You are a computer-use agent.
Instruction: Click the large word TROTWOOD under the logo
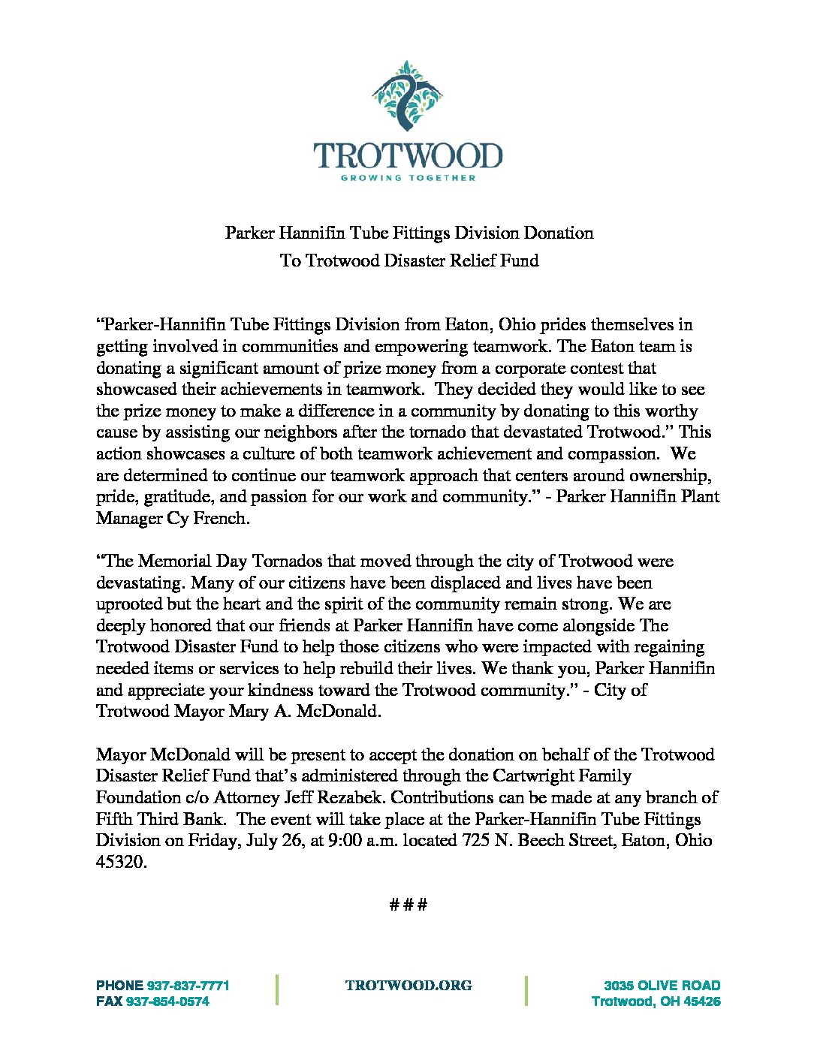tap(408, 156)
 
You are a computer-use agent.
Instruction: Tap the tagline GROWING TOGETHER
tap(408, 178)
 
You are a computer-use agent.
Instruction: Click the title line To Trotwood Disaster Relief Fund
tap(409, 260)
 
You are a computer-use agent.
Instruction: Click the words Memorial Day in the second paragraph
tap(192, 561)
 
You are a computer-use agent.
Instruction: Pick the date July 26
tap(274, 840)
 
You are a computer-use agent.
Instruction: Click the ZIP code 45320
tap(120, 862)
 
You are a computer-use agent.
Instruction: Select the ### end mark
tap(408, 904)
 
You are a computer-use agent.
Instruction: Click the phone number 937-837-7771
tap(188, 986)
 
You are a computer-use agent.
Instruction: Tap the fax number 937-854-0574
tap(167, 1001)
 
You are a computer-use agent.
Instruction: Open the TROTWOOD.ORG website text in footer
tap(408, 986)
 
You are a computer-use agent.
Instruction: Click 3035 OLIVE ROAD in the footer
tap(662, 986)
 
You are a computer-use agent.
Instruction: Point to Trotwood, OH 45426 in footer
tap(656, 1001)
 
